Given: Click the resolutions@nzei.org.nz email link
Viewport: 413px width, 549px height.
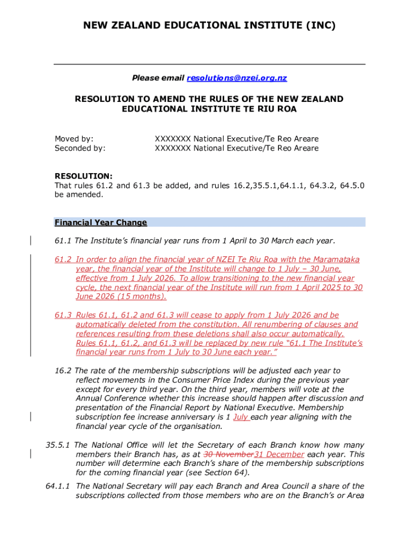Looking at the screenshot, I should (x=237, y=78).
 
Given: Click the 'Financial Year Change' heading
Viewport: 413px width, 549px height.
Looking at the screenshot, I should (x=101, y=222).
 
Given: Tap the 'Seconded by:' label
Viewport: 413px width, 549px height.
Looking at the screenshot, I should (x=80, y=148).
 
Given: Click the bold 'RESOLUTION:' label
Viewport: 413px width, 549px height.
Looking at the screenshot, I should (x=84, y=176).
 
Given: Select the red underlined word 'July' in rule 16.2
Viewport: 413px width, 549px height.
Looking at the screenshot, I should (x=241, y=417).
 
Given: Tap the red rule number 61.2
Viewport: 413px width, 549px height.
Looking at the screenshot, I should (x=63, y=259).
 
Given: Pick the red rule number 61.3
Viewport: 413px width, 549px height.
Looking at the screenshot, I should (x=63, y=315).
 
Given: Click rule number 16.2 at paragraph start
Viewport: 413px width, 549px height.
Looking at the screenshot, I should (x=63, y=370).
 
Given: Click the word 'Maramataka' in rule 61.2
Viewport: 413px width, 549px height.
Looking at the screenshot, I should (x=334, y=259).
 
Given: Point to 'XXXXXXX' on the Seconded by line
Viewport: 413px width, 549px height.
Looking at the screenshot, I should (x=173, y=148).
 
